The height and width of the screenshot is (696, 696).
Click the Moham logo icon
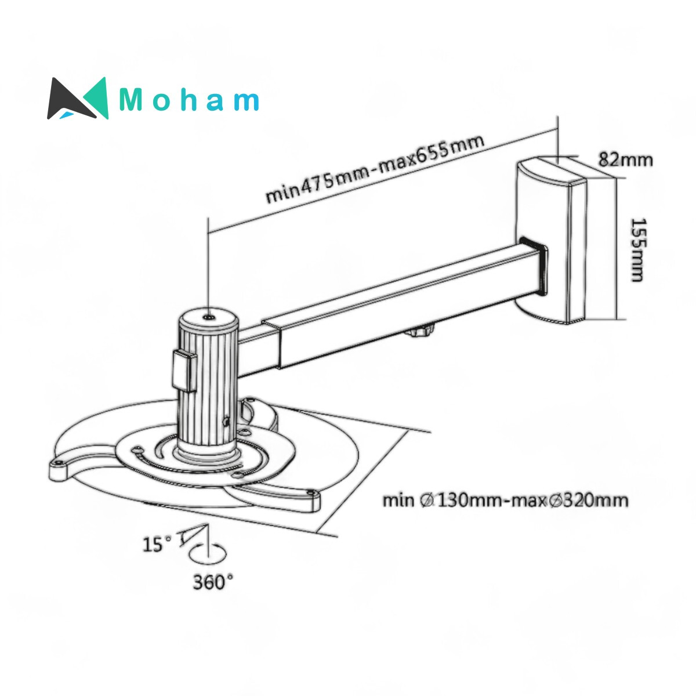(78, 99)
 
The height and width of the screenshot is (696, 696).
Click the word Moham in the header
(189, 100)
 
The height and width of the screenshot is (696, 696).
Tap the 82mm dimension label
(625, 159)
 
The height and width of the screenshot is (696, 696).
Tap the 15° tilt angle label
(157, 544)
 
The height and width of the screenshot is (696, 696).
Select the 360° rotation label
(213, 582)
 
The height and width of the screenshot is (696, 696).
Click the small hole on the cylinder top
(208, 317)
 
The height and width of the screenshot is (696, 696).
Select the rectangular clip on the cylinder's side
(184, 370)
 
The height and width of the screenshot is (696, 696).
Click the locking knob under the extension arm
(422, 333)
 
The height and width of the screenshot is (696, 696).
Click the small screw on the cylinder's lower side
(227, 422)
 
